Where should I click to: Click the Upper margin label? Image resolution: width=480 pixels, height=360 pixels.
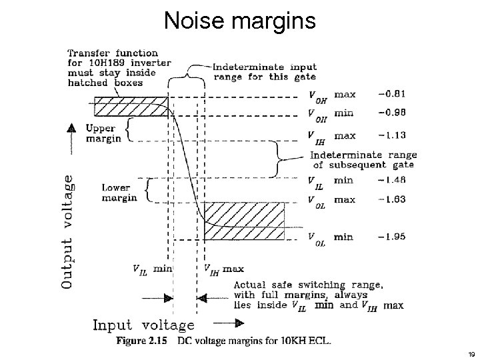pos(103,133)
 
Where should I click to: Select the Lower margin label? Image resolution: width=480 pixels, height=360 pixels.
pos(119,193)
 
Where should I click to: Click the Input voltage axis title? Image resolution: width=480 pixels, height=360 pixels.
pos(143,325)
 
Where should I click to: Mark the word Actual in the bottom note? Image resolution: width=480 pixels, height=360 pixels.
pos(249,285)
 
